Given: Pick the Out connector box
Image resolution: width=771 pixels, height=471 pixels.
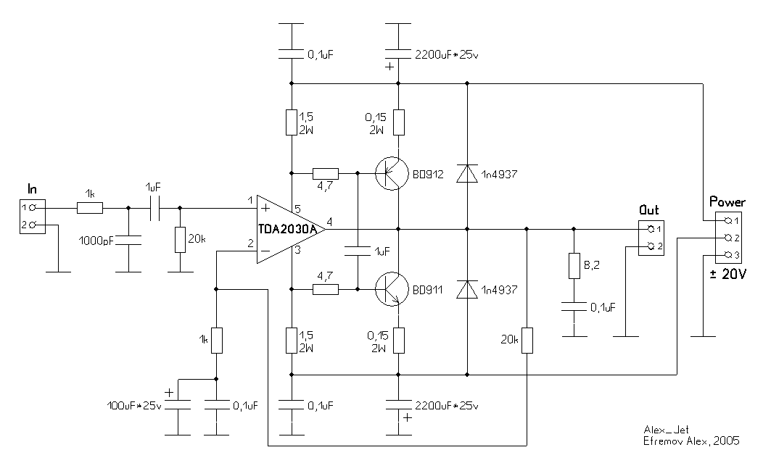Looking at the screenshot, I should [651, 238].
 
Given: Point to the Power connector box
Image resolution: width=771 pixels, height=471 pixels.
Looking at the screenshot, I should [727, 238].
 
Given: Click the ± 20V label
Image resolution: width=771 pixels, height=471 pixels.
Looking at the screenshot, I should [727, 274].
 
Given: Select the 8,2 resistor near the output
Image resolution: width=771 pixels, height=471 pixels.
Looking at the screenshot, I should [574, 266].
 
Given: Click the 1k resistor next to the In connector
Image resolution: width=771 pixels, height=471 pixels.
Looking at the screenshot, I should [90, 208].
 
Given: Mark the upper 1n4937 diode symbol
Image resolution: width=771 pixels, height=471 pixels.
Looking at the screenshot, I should [466, 174].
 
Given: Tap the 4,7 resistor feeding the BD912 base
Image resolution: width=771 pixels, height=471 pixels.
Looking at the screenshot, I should [326, 174].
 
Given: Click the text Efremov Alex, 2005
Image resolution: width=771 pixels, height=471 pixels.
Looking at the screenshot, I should [691, 440].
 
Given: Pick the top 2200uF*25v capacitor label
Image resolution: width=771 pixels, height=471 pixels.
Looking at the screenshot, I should [448, 54].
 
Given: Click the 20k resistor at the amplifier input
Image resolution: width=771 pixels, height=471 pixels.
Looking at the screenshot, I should [179, 239].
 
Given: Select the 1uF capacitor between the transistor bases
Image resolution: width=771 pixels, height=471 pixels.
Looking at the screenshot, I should [358, 251].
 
